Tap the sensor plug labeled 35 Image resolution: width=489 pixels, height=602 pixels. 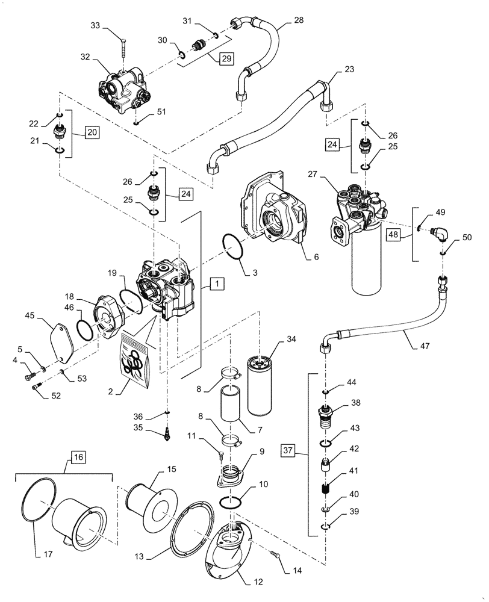pos(168,433)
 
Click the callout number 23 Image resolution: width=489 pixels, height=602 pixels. pos(349,69)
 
